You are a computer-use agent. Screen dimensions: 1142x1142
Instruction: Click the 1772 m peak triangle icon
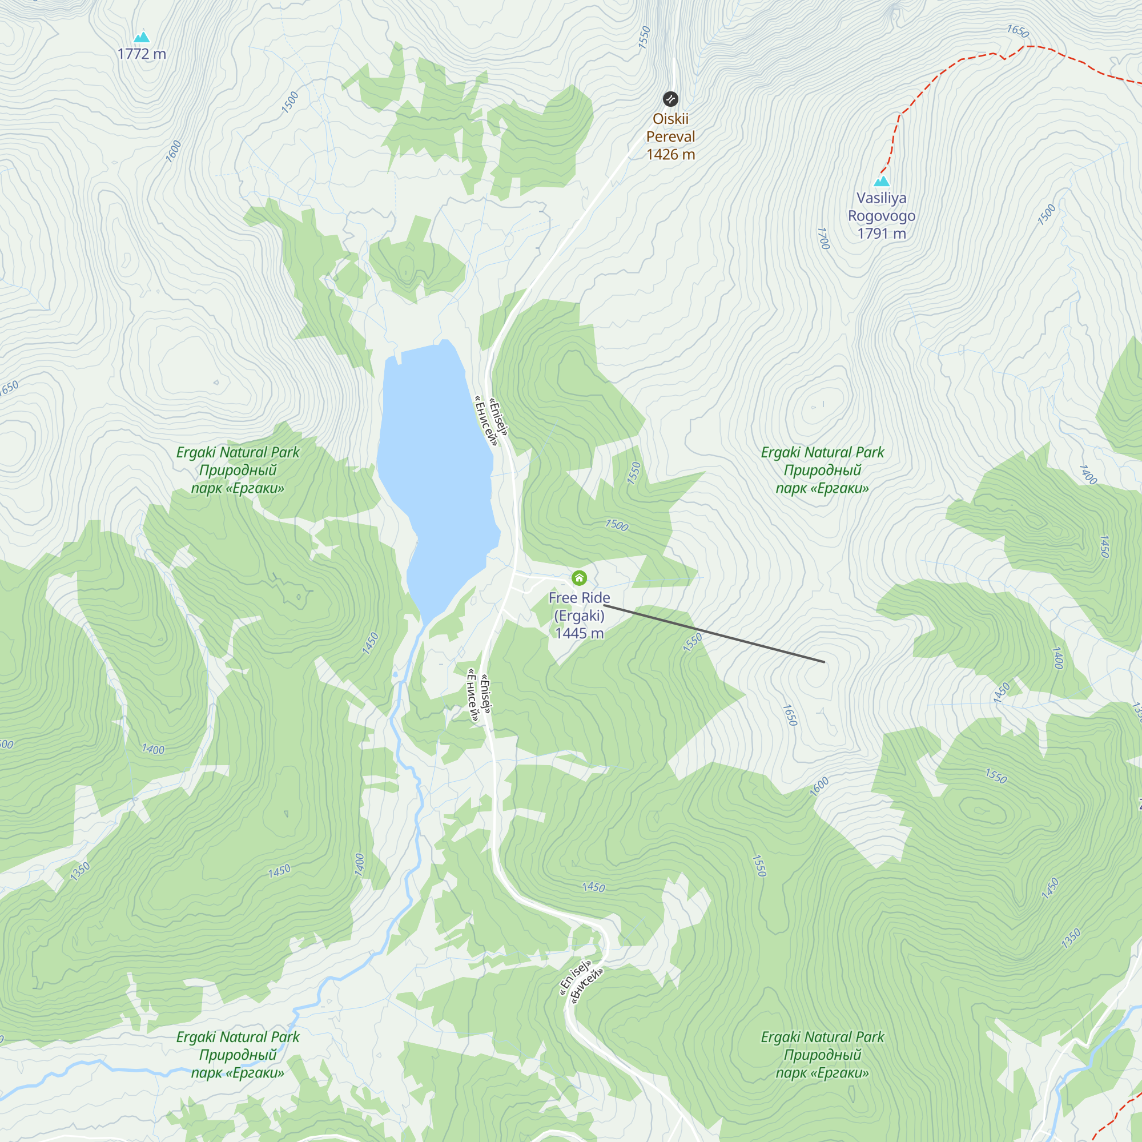(141, 37)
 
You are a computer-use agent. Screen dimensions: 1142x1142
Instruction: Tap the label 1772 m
(142, 54)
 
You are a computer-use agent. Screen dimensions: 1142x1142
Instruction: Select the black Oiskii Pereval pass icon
(670, 99)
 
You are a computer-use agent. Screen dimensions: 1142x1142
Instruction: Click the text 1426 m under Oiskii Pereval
(670, 154)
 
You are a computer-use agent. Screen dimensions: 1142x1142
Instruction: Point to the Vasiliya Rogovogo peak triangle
(881, 181)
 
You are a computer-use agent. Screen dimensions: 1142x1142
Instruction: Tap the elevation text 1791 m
(881, 234)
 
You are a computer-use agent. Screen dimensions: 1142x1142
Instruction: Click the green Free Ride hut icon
(578, 577)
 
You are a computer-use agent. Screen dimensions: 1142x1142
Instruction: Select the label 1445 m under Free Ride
(579, 633)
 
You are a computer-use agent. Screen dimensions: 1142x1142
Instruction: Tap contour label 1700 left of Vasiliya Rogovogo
(823, 238)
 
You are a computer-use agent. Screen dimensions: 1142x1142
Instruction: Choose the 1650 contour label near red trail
(1018, 31)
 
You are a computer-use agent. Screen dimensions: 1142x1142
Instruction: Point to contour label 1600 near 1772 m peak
(173, 151)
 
